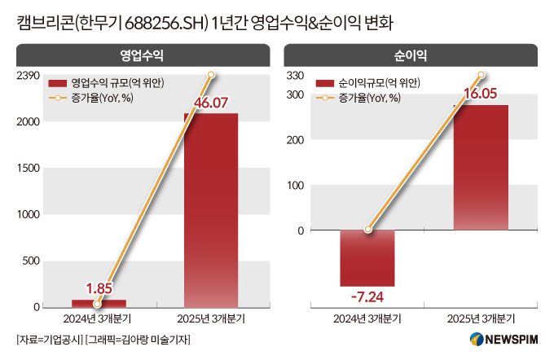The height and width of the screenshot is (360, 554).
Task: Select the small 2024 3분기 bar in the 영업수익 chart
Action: coord(99,304)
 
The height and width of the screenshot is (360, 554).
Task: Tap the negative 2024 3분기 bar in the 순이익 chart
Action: coord(367,257)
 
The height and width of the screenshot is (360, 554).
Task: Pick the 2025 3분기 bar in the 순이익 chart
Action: coord(481,167)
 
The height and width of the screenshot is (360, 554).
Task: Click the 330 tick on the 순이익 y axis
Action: coord(296,76)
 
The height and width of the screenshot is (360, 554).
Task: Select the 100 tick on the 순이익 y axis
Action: coord(296,185)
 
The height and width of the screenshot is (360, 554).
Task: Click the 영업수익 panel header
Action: coord(142,55)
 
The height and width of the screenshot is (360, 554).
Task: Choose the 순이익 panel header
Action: coord(411,55)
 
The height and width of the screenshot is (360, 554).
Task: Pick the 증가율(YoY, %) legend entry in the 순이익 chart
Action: coord(369,98)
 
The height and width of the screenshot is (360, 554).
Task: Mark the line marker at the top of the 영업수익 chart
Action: coord(211,75)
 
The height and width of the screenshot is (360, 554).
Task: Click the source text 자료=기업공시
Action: coord(49,339)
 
